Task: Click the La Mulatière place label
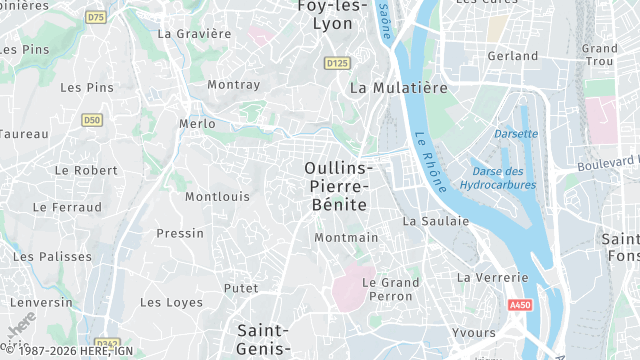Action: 398,88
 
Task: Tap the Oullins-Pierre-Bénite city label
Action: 337,186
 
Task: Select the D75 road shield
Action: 96,17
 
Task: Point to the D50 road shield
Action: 92,120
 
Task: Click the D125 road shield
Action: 337,63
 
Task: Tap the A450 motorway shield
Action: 518,305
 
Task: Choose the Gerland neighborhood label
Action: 512,56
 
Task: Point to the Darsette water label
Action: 516,133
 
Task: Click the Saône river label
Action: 384,22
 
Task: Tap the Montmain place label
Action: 346,238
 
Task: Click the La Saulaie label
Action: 435,221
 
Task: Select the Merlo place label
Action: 196,124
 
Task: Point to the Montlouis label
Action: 217,197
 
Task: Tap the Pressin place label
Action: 180,234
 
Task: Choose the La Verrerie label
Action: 491,277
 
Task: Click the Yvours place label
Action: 473,333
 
